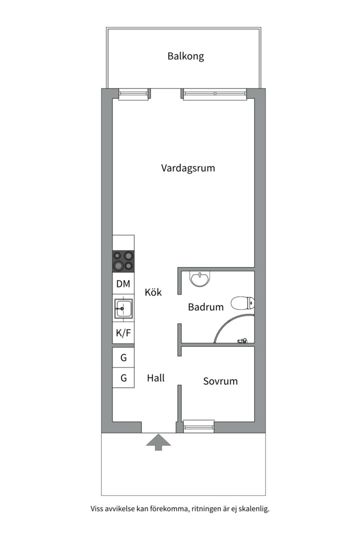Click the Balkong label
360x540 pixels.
tap(185, 56)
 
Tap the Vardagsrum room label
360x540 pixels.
tap(188, 168)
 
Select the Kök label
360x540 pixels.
tap(153, 292)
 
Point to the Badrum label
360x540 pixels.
tap(205, 307)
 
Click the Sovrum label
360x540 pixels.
tap(220, 381)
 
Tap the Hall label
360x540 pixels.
tap(155, 378)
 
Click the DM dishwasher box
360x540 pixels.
tap(123, 284)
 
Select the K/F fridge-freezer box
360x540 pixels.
tap(123, 333)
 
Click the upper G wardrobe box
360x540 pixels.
tap(123, 358)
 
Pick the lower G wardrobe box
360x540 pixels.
tap(123, 378)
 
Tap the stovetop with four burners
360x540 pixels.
tap(123, 261)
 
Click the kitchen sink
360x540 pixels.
tap(123, 308)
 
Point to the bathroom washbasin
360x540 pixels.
tap(200, 278)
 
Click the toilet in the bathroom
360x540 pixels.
tap(243, 303)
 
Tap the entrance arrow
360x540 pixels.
tap(158, 442)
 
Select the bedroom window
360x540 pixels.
tap(199, 426)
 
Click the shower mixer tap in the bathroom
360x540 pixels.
tap(242, 341)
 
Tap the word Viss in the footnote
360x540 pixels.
tap(97, 508)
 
